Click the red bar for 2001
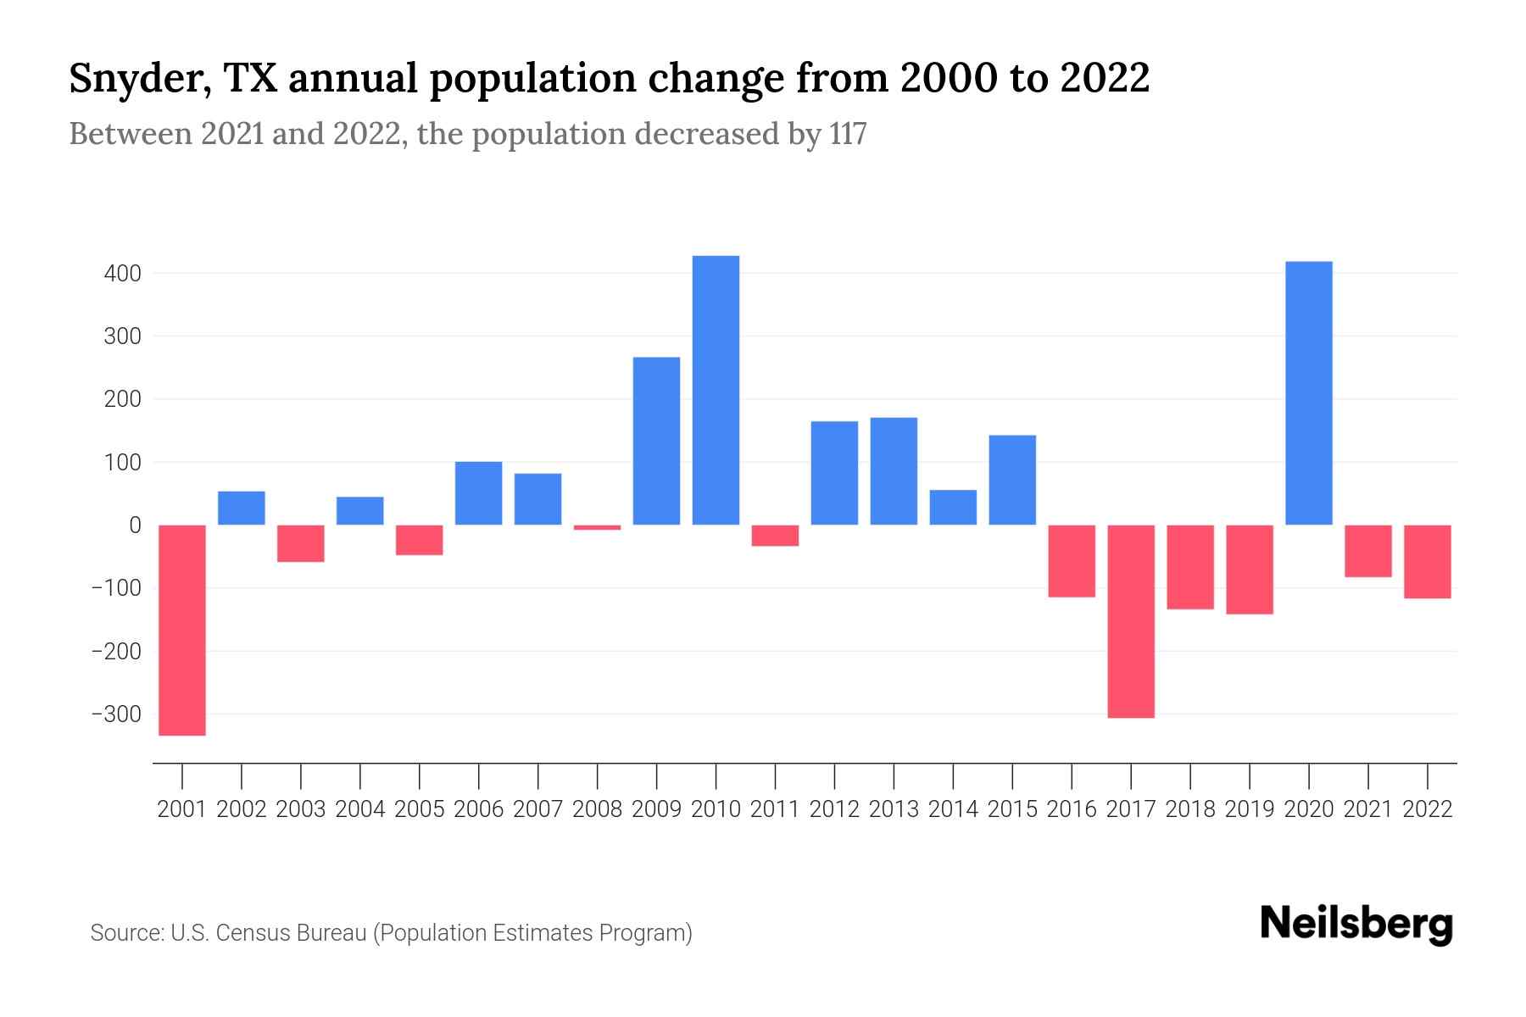pos(182,630)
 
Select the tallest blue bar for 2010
pos(716,390)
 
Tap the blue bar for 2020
pos(1308,393)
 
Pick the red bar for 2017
pos(1130,621)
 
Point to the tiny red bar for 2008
pos(597,527)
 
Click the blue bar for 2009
pos(656,441)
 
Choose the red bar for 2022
pos(1427,562)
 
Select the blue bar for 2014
pos(953,507)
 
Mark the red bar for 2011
pos(775,536)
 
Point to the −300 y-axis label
pos(116,714)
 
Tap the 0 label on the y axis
pos(135,525)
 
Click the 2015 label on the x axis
pos(1012,809)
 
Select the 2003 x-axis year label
pos(301,809)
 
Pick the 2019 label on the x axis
pos(1249,809)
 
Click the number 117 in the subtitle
pos(847,134)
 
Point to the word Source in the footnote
pos(126,933)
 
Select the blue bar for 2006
pos(478,493)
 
